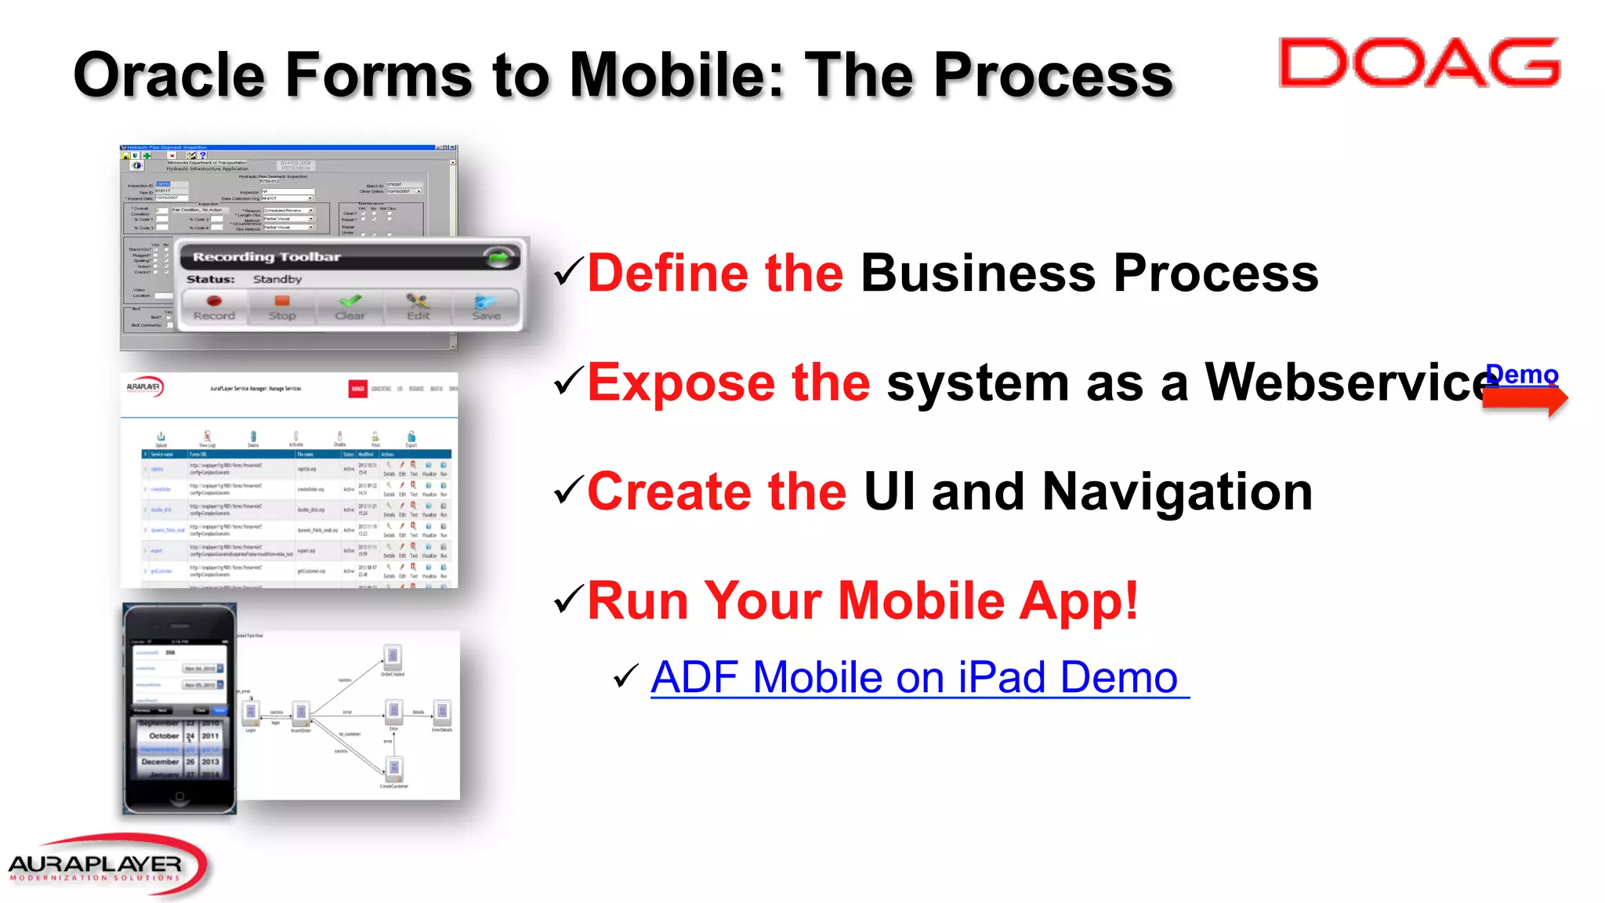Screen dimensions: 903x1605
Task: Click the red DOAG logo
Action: point(1418,63)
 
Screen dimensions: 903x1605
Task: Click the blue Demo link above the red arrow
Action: point(1522,375)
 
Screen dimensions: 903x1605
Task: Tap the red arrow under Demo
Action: point(1523,400)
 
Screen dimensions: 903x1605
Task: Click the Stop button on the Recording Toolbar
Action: point(282,307)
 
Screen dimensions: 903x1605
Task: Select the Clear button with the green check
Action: point(350,307)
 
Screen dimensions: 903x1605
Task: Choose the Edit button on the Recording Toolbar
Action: point(418,307)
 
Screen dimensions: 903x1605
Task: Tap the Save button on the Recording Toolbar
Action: point(486,307)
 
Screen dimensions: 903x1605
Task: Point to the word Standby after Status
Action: point(277,279)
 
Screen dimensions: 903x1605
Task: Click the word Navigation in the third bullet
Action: point(1177,492)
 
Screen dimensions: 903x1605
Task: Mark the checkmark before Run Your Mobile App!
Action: point(567,600)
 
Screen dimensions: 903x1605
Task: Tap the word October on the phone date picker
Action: point(164,736)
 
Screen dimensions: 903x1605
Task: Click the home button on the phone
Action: point(179,797)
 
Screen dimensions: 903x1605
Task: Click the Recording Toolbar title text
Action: point(266,257)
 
